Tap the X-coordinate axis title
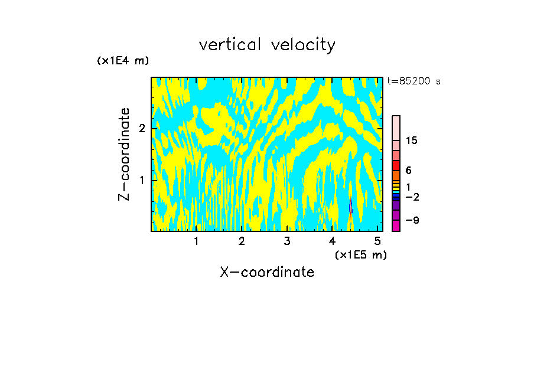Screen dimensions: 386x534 click(267, 272)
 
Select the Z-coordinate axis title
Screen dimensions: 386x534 click(125, 153)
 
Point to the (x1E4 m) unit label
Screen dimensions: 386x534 click(123, 61)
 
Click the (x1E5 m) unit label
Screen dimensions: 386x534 click(360, 254)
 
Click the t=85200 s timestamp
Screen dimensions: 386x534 click(413, 81)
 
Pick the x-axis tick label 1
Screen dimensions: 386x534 click(196, 241)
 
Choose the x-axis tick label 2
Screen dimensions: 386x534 click(242, 241)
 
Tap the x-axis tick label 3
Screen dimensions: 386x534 click(286, 241)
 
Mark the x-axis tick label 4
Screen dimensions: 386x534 click(332, 241)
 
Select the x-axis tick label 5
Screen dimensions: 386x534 click(377, 241)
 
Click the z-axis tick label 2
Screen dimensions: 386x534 click(142, 129)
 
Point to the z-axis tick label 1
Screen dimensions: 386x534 click(142, 179)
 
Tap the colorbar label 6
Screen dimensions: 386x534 click(409, 171)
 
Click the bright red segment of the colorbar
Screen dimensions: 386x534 click(396, 165)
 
